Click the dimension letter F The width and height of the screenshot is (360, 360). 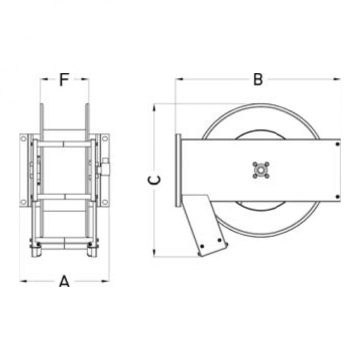[x=64, y=79]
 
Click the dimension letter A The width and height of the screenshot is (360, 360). [x=64, y=282]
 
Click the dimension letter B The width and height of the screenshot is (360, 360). [x=258, y=80]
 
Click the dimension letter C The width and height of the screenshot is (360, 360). [x=154, y=180]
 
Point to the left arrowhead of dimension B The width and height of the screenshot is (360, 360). [x=179, y=79]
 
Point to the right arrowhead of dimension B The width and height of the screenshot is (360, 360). [x=336, y=79]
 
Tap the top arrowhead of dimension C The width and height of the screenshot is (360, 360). [x=154, y=108]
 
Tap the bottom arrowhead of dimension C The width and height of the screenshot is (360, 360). [x=154, y=253]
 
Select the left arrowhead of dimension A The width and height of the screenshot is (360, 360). [x=24, y=281]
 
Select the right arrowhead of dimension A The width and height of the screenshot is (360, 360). [x=105, y=281]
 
